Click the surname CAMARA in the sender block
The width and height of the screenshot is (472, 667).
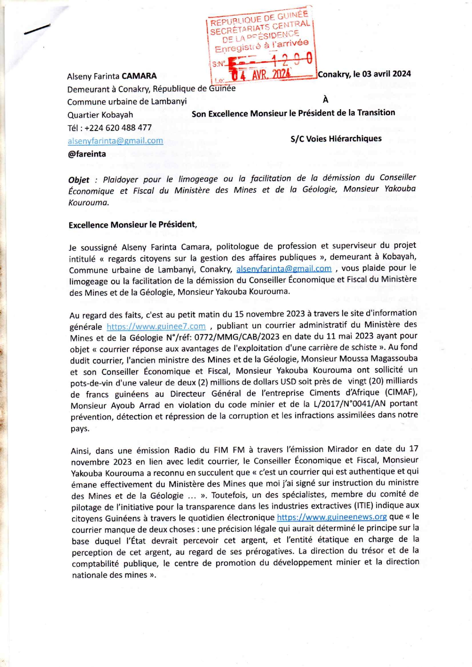click(x=139, y=76)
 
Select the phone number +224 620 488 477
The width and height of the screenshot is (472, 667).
click(x=118, y=128)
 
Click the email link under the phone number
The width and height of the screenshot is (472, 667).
click(x=115, y=141)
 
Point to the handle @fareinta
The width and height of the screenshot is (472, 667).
click(x=87, y=154)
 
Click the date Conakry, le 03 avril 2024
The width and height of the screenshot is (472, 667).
click(x=364, y=74)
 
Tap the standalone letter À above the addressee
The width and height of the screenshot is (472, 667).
click(x=325, y=100)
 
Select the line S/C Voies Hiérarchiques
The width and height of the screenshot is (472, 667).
click(x=336, y=139)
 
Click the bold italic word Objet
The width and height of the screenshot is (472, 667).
click(x=79, y=180)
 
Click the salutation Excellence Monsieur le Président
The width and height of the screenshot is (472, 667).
click(x=132, y=225)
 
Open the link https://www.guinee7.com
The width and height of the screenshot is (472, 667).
click(x=156, y=326)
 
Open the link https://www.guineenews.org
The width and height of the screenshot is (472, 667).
click(x=332, y=517)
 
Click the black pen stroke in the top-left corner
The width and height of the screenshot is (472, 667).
click(x=37, y=29)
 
